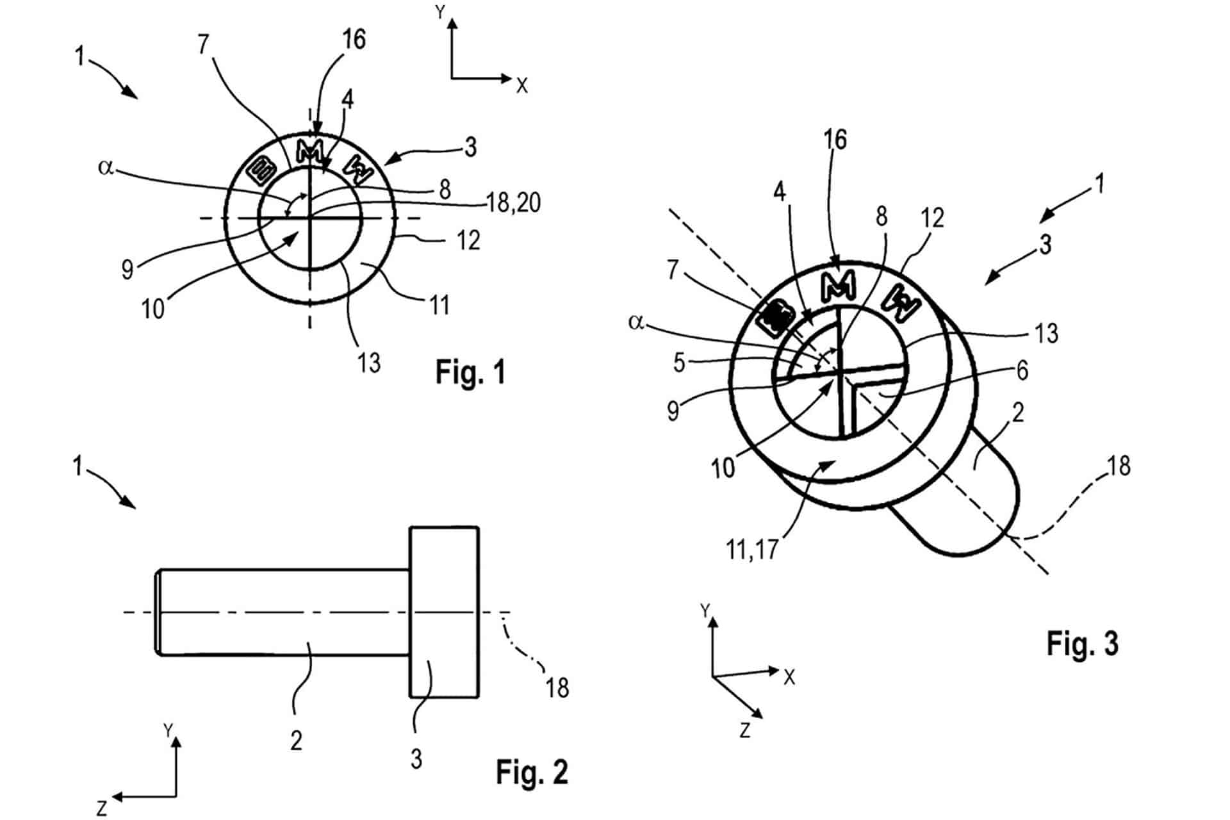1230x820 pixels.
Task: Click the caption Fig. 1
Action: (x=471, y=372)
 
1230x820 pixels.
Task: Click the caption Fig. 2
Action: (x=532, y=772)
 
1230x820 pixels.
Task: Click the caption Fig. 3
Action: (x=1083, y=643)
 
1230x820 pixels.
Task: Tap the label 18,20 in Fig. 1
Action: (x=513, y=203)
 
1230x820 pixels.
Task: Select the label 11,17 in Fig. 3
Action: (x=752, y=549)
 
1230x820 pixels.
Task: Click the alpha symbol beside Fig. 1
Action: (x=106, y=168)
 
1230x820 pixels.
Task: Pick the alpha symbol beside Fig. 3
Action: (x=635, y=322)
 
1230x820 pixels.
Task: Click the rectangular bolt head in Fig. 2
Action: (x=444, y=612)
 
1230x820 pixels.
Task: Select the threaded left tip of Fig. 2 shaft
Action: (x=158, y=612)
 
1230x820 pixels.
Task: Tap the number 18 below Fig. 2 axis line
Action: (x=557, y=687)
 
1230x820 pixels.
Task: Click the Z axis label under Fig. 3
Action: (x=744, y=730)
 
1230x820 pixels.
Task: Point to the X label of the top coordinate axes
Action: (x=522, y=85)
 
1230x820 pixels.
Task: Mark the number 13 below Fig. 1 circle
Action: (x=370, y=363)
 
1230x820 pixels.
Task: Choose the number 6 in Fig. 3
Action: (x=1022, y=370)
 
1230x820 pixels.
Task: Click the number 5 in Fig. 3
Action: (x=680, y=363)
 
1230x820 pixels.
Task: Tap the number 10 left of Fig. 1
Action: (x=153, y=309)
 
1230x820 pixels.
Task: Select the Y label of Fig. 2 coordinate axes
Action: (x=168, y=731)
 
